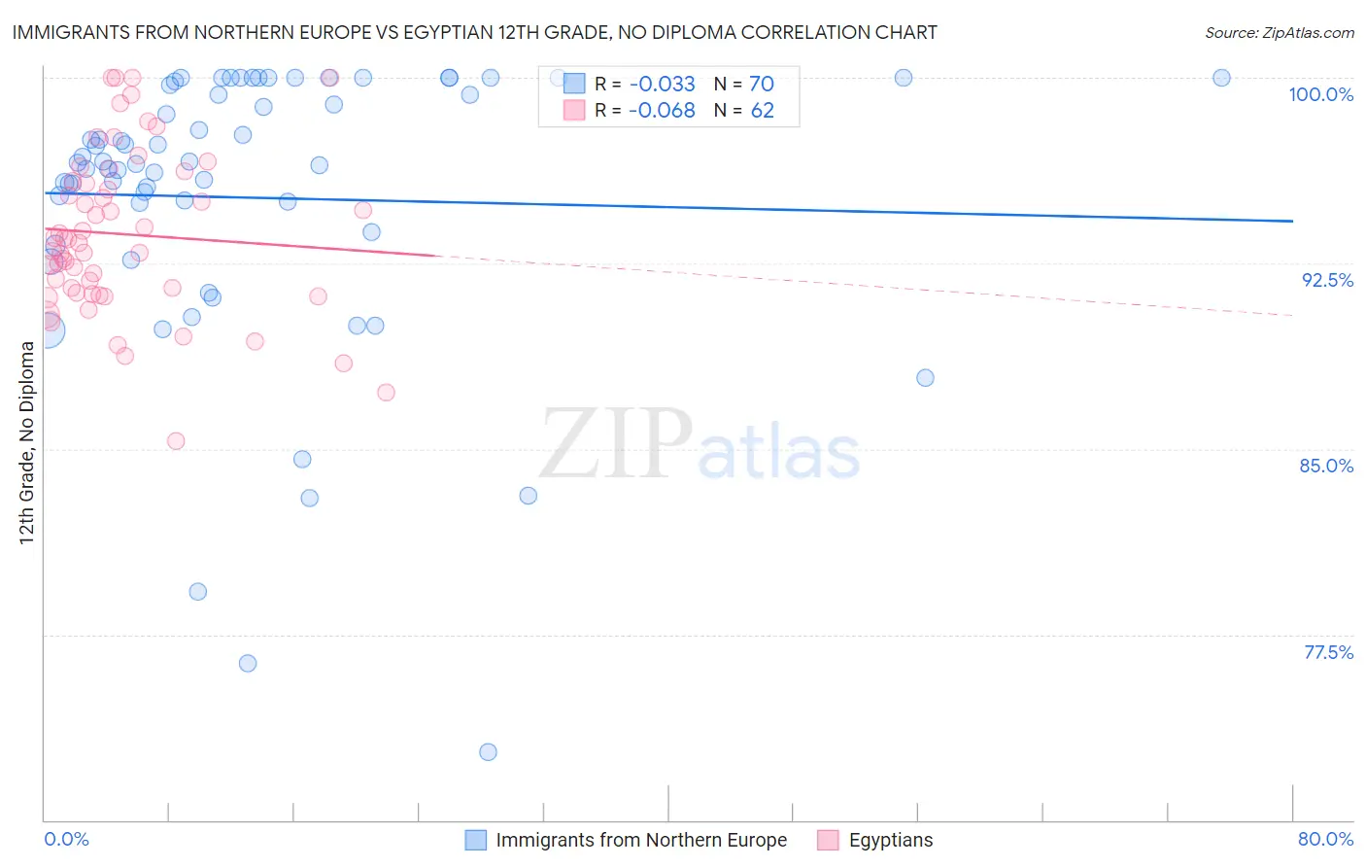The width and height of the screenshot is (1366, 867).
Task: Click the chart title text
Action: (475, 32)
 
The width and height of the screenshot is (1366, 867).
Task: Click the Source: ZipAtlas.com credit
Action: (1279, 33)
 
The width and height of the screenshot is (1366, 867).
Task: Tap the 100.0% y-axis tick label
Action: (1320, 94)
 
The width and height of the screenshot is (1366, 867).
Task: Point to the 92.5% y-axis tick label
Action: (1327, 280)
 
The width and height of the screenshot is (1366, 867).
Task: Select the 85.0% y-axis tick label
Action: (1326, 466)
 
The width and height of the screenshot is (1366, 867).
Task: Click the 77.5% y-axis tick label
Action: (1328, 652)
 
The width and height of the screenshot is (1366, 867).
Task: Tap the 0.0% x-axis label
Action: (66, 839)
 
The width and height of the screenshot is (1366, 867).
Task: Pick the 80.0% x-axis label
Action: (1325, 839)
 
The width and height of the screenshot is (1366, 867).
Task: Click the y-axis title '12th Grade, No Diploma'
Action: (26, 442)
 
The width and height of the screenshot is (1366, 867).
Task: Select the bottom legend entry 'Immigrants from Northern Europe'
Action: (641, 840)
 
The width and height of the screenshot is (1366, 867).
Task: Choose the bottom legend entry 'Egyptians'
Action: (890, 840)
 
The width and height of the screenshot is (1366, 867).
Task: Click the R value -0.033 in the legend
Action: (662, 84)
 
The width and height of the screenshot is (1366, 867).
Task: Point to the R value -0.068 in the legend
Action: (662, 111)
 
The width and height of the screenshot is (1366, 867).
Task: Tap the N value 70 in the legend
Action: (762, 84)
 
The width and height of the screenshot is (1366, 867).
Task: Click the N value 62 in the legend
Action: (762, 111)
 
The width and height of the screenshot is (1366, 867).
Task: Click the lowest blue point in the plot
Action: (488, 752)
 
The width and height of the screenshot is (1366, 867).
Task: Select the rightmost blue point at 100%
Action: (1221, 78)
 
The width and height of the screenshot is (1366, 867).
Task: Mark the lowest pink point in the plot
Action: (176, 441)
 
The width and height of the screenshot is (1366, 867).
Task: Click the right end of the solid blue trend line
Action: (1292, 222)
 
